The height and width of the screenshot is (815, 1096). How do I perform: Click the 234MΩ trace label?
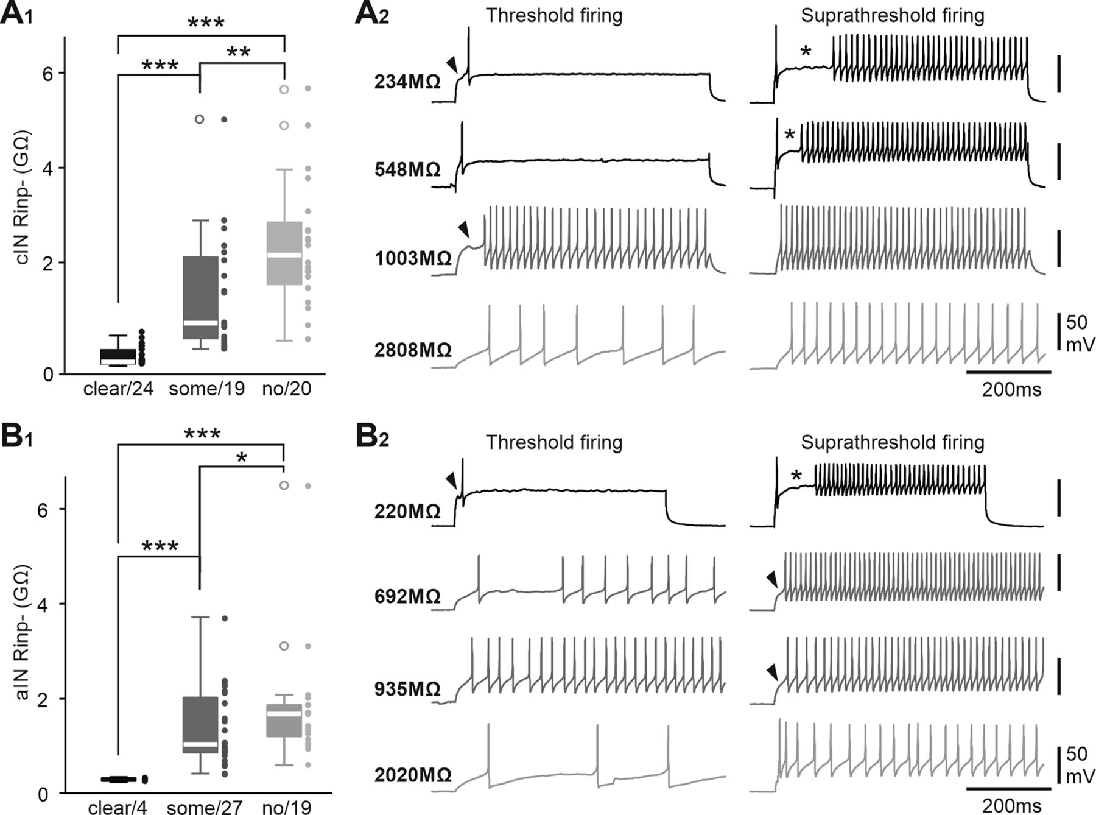pos(407,82)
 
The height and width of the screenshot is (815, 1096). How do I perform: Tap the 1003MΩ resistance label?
pos(413,258)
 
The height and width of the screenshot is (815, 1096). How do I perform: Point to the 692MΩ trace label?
pos(407,596)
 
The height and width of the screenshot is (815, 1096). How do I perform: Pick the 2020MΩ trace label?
pos(413,775)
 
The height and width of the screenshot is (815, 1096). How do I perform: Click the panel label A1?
pos(16,13)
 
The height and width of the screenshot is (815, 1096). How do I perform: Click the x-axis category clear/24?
pos(118,389)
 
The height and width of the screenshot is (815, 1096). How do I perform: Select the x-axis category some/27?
pos(205,808)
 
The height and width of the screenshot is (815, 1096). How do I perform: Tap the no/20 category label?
pos(286,389)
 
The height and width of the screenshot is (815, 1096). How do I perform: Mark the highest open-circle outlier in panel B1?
pos(284,485)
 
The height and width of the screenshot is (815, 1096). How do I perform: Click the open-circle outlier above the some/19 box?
pos(200,119)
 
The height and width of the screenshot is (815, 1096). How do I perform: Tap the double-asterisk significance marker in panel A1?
pos(238,52)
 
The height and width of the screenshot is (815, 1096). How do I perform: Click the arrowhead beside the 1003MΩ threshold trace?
pos(465,230)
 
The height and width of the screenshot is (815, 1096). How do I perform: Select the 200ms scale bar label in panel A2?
pos(1011,389)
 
